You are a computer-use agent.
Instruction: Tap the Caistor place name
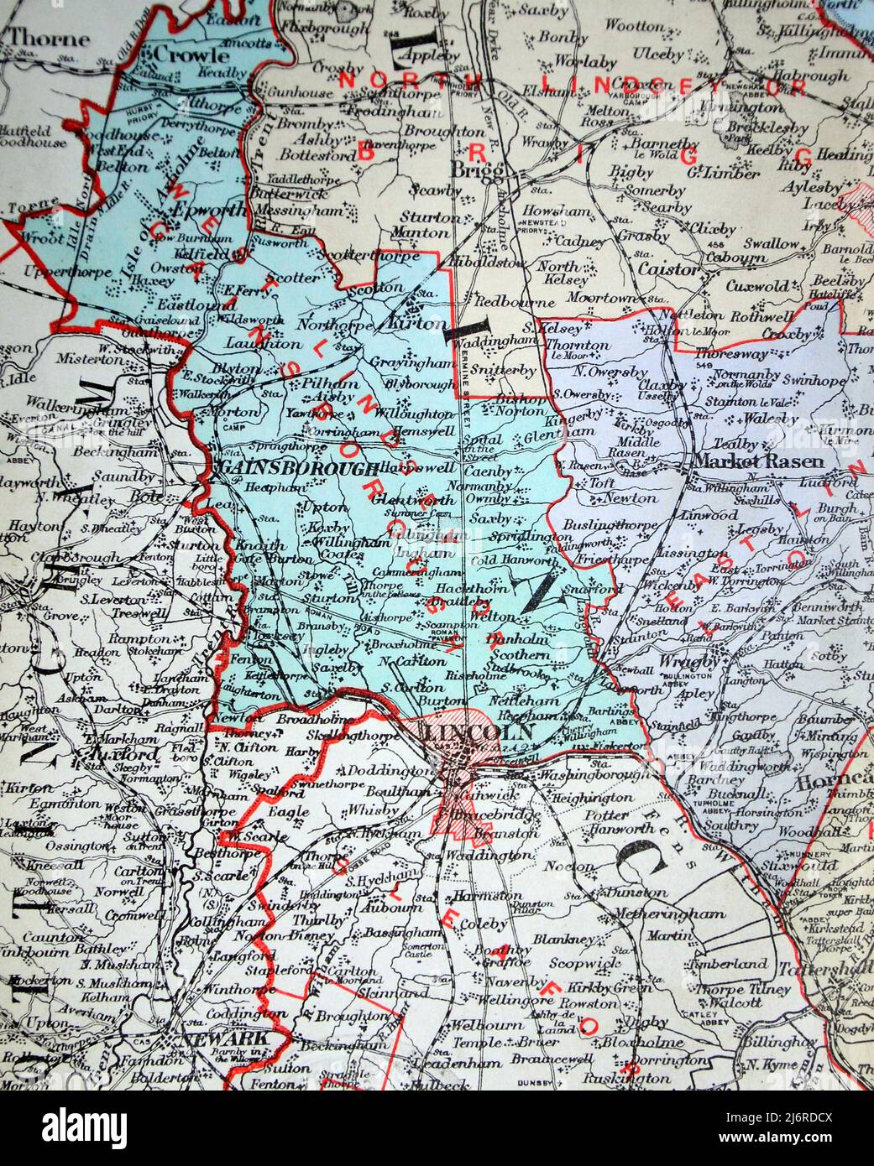tap(668, 270)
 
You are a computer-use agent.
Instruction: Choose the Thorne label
tap(48, 39)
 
